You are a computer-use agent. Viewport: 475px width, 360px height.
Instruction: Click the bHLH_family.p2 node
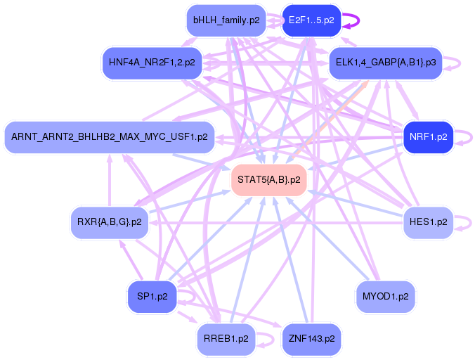(226, 20)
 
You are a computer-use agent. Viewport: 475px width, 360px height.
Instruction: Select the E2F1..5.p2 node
(311, 20)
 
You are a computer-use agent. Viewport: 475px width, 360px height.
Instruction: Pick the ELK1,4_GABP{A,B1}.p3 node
(385, 63)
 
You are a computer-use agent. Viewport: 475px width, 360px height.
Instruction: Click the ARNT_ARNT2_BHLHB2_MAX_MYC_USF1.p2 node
(110, 136)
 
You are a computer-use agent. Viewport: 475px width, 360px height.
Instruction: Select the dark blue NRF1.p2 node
(428, 136)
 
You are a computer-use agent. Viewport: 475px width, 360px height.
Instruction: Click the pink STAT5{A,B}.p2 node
(269, 180)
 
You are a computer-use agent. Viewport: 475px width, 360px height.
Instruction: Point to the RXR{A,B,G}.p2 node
(110, 222)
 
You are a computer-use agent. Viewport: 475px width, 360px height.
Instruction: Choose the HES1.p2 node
(428, 222)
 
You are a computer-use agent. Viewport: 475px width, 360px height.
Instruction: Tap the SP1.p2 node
(152, 297)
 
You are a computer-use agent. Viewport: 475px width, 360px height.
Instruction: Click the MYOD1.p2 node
(385, 297)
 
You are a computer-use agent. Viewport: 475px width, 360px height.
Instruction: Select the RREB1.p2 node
(226, 339)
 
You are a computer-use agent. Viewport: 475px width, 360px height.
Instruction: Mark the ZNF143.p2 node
(311, 339)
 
